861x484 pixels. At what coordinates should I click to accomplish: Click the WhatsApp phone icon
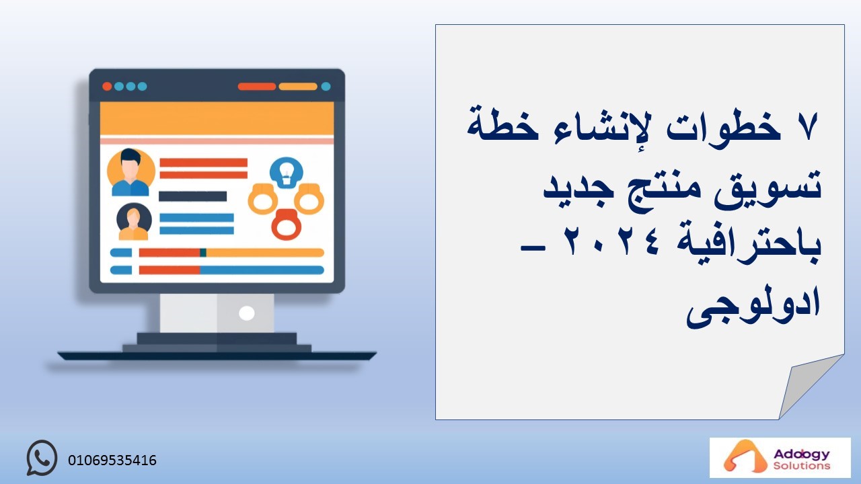(42, 458)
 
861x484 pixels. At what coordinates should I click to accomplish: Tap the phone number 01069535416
(112, 460)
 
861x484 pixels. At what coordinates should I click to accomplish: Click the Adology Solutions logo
(780, 458)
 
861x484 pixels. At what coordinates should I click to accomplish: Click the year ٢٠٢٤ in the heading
(611, 242)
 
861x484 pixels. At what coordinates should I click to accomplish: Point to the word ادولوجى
(754, 305)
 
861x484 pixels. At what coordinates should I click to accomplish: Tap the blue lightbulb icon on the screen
(286, 173)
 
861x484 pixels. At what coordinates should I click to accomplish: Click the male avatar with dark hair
(130, 172)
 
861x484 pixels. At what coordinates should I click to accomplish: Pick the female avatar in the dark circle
(134, 222)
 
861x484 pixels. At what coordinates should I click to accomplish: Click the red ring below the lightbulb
(287, 225)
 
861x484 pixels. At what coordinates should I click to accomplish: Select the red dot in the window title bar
(107, 87)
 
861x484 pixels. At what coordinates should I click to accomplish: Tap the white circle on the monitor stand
(246, 313)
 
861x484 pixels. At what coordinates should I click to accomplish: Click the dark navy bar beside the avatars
(192, 196)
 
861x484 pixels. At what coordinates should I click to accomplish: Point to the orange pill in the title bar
(298, 87)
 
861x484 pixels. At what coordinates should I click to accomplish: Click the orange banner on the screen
(217, 118)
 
